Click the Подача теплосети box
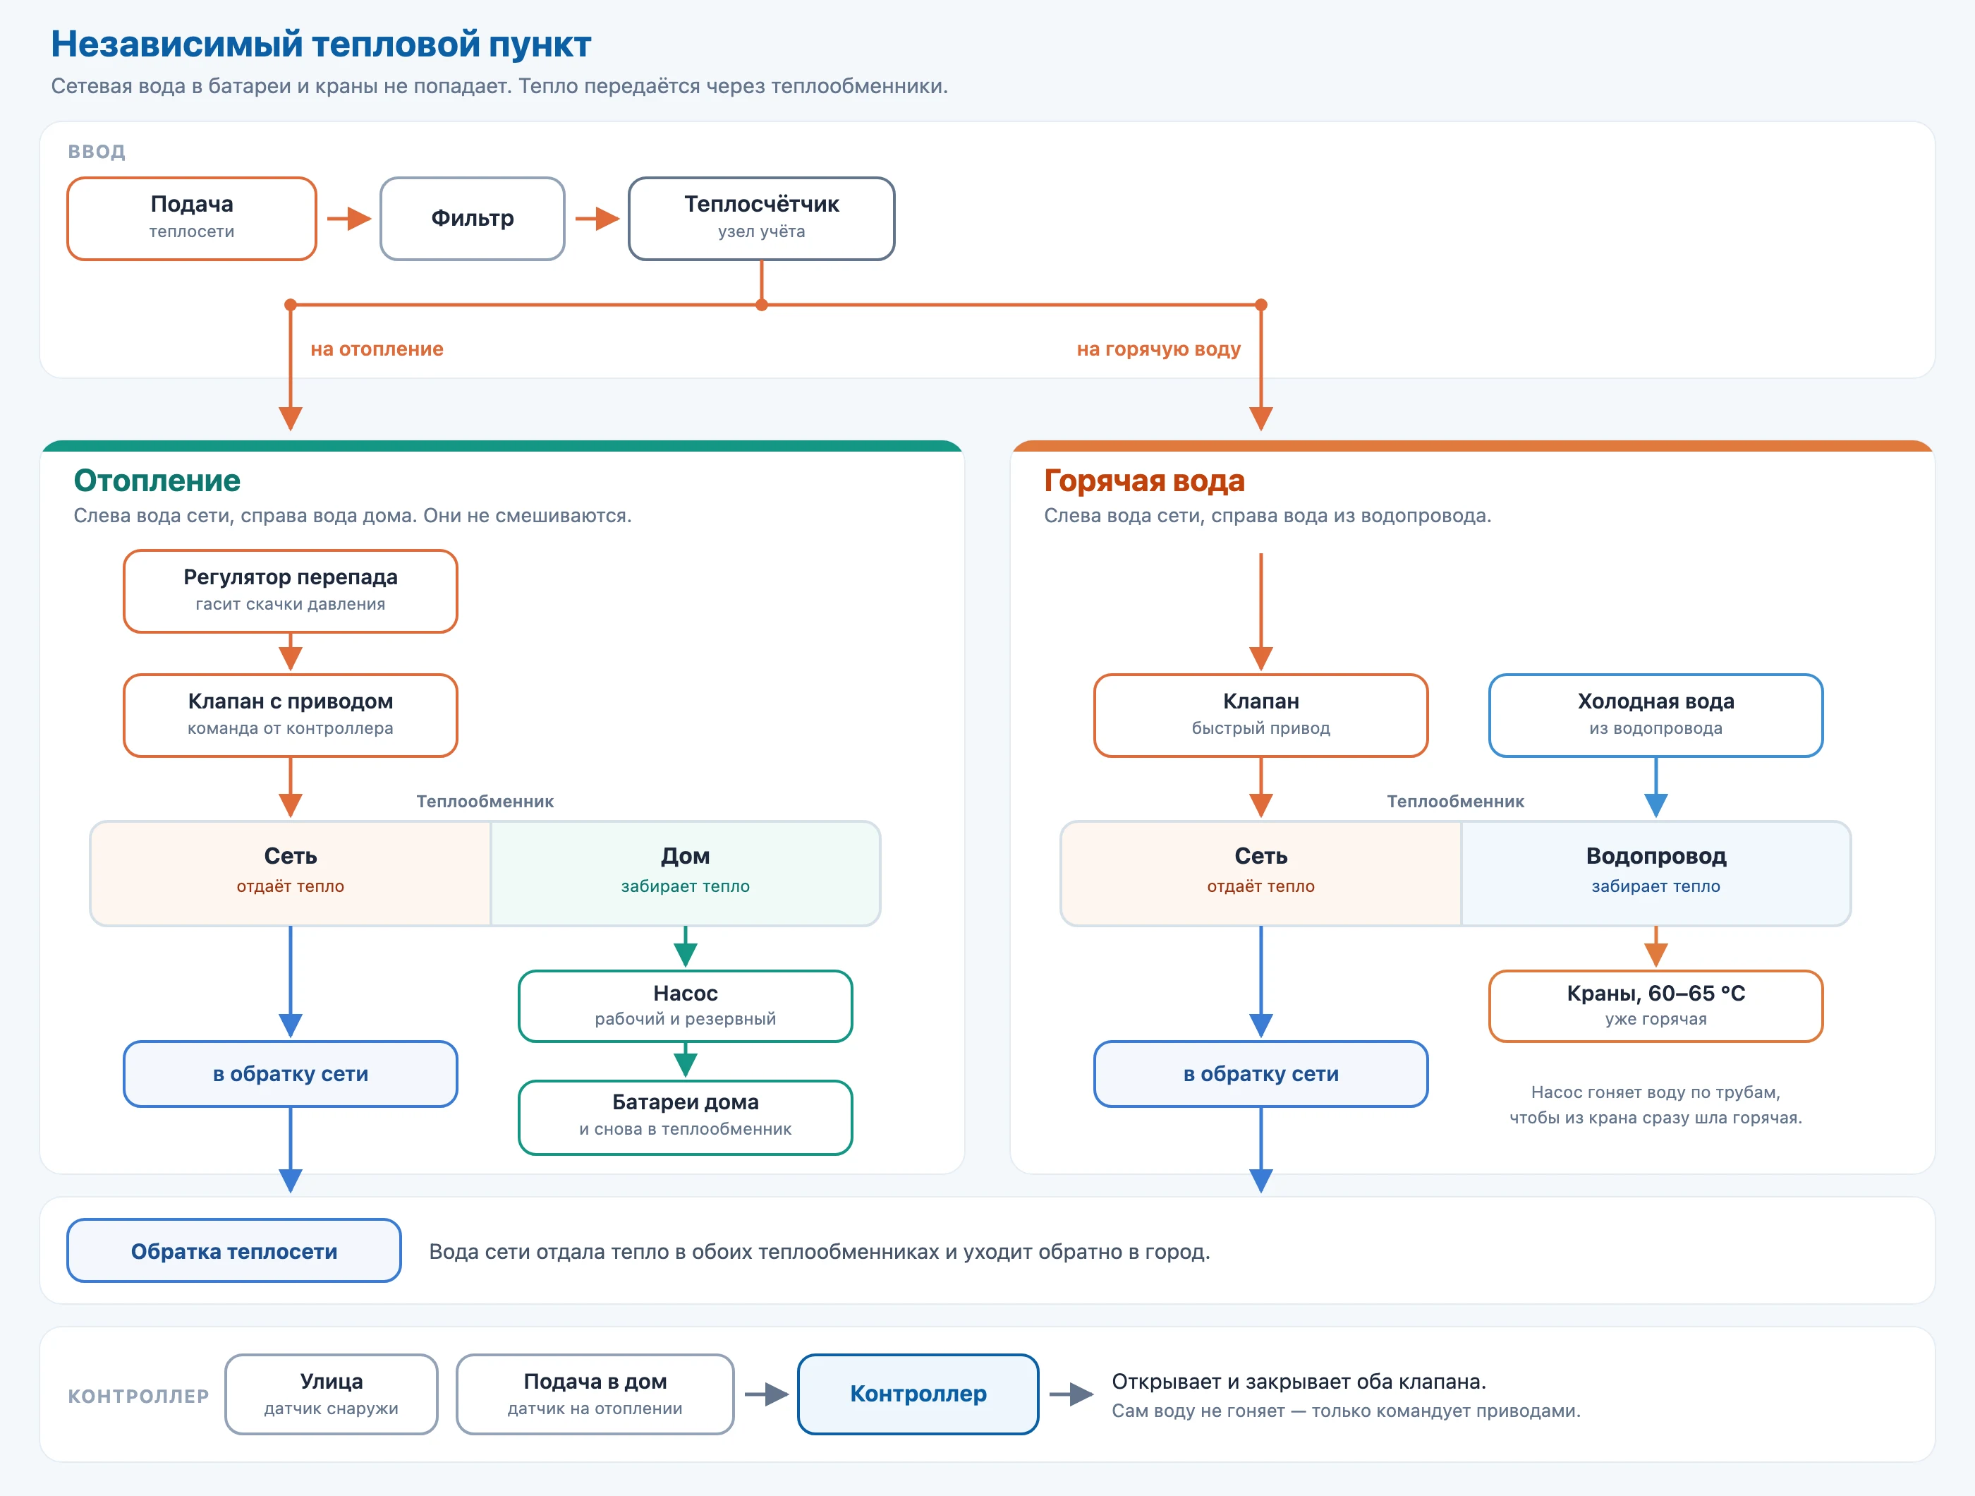[x=192, y=219]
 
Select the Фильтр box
[x=473, y=219]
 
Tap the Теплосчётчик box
[x=762, y=219]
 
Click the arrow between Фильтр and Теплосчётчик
[x=597, y=219]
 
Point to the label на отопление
[x=377, y=349]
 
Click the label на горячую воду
[x=1158, y=349]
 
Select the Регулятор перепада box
[x=290, y=591]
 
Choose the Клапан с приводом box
[x=290, y=716]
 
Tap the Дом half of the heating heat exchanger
[x=686, y=874]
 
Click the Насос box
[x=686, y=1006]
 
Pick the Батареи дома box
[x=686, y=1117]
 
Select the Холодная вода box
[x=1655, y=716]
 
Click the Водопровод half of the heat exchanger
[x=1655, y=874]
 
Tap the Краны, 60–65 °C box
[x=1655, y=1006]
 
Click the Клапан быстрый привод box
[x=1260, y=716]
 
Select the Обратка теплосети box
[x=234, y=1250]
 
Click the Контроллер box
[x=918, y=1394]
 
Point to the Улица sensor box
[x=332, y=1394]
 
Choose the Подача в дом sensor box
[x=595, y=1394]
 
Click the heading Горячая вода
[x=1144, y=481]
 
